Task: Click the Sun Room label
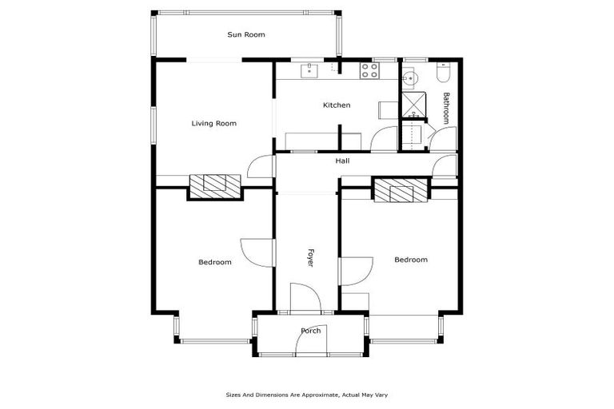[x=245, y=34]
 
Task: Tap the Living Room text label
[x=213, y=123]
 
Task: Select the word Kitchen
[x=336, y=105]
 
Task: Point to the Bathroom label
[x=447, y=108]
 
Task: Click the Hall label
[x=342, y=161]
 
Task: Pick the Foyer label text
[x=311, y=257]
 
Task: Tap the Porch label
[x=310, y=331]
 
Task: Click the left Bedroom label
[x=214, y=262]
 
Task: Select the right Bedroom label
[x=410, y=260]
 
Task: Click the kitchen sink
[x=309, y=72]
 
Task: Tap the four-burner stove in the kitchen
[x=369, y=71]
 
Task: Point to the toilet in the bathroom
[x=445, y=74]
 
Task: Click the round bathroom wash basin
[x=409, y=77]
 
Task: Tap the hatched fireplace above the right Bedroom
[x=401, y=190]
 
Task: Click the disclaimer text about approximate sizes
[x=307, y=395]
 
